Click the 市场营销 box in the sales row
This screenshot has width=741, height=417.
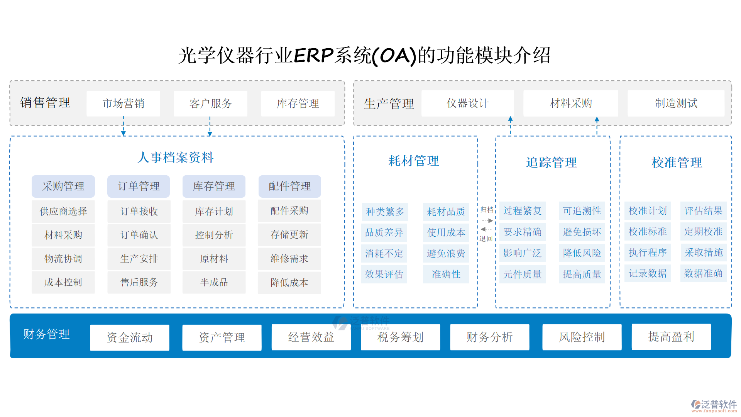click(123, 103)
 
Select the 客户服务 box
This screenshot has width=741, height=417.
click(210, 103)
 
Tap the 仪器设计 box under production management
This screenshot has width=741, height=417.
click(467, 103)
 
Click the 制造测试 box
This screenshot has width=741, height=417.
click(676, 103)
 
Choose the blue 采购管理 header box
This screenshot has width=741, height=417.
click(63, 186)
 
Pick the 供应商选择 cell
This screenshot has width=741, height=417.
click(63, 211)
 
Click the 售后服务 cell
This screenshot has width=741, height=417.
click(139, 282)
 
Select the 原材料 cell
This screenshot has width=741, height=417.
click(214, 259)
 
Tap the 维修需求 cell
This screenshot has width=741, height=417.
click(289, 259)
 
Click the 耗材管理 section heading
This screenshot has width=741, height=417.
click(413, 161)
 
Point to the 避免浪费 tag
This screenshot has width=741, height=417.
click(446, 253)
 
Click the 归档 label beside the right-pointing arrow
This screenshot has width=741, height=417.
click(487, 210)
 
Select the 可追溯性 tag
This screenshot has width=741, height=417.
click(582, 211)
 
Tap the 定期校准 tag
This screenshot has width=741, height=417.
click(703, 232)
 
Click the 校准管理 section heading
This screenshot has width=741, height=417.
click(676, 162)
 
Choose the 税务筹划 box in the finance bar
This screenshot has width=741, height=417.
click(400, 337)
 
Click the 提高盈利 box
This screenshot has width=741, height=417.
click(671, 337)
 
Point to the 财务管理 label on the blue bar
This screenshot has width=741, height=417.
click(46, 334)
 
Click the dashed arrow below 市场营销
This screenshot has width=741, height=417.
click(123, 127)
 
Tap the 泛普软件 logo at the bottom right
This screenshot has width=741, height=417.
click(714, 405)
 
